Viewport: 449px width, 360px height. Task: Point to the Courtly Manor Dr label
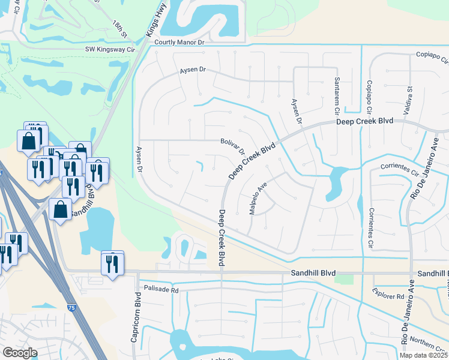tap(179, 43)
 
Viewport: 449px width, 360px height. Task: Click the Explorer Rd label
tap(388, 296)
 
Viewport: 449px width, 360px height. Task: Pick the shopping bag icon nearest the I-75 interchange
tap(61, 211)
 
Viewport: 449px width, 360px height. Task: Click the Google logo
tap(19, 353)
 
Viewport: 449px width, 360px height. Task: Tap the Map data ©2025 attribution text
tap(424, 355)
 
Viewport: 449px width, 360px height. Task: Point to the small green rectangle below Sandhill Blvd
tap(345, 279)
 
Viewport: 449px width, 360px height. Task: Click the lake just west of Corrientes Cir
tap(334, 183)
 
